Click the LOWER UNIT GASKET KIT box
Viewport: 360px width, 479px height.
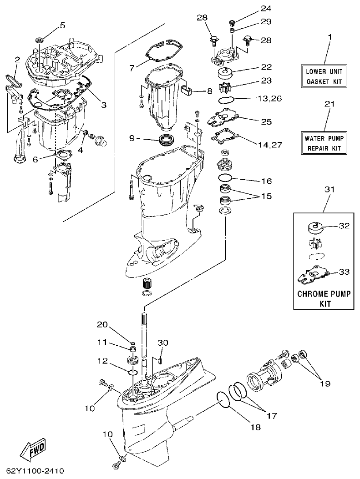[325, 76]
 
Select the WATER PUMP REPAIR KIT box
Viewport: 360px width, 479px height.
[325, 143]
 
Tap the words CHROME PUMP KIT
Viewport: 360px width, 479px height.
[325, 298]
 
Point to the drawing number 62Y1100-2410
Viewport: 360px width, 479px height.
[35, 470]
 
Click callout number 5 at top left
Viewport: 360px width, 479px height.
[62, 25]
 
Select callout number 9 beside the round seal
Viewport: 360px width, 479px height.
[132, 137]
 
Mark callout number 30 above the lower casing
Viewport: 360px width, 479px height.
[163, 343]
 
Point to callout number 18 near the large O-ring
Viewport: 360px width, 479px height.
[255, 427]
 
